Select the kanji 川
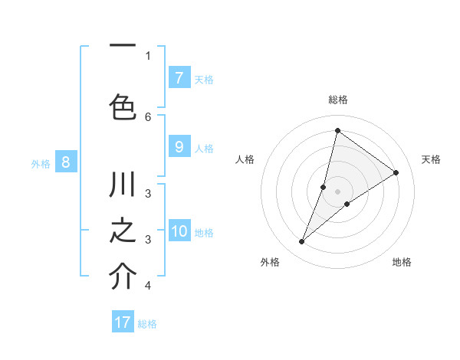tap(123, 186)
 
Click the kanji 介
tap(123, 277)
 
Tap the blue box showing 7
tap(179, 78)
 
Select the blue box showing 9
tap(179, 148)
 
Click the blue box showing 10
tap(179, 232)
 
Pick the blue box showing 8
tap(66, 162)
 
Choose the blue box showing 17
tap(123, 323)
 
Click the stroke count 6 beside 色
tap(148, 116)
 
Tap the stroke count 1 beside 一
tap(148, 55)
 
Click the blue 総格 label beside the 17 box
tap(147, 324)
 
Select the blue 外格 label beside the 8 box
tap(41, 163)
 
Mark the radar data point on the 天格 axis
tap(396, 172)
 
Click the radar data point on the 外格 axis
tap(302, 242)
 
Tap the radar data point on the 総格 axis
tap(337, 130)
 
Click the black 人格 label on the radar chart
tap(245, 159)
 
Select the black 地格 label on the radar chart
tap(402, 262)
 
